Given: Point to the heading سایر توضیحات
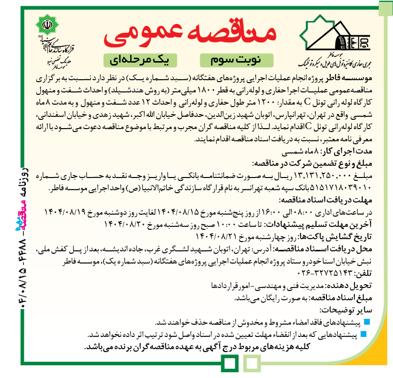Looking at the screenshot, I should pyautogui.click(x=347, y=310).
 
